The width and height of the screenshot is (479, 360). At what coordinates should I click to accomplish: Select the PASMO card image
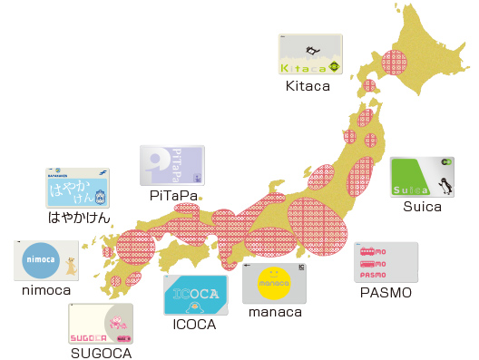click(x=386, y=262)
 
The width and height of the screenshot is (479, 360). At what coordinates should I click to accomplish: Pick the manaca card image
click(x=275, y=283)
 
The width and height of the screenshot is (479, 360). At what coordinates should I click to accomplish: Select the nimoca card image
click(x=45, y=260)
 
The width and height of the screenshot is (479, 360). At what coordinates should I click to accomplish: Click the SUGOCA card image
click(x=101, y=324)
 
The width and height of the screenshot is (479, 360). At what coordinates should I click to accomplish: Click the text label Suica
click(x=422, y=207)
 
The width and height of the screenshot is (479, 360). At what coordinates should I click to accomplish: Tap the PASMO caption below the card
click(x=386, y=294)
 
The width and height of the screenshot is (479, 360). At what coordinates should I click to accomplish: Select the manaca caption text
click(x=274, y=313)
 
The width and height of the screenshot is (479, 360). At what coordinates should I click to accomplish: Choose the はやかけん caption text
click(x=79, y=218)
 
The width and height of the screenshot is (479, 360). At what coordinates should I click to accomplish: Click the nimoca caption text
click(x=46, y=290)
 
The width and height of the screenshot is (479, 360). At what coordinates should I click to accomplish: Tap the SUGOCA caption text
click(x=101, y=353)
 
